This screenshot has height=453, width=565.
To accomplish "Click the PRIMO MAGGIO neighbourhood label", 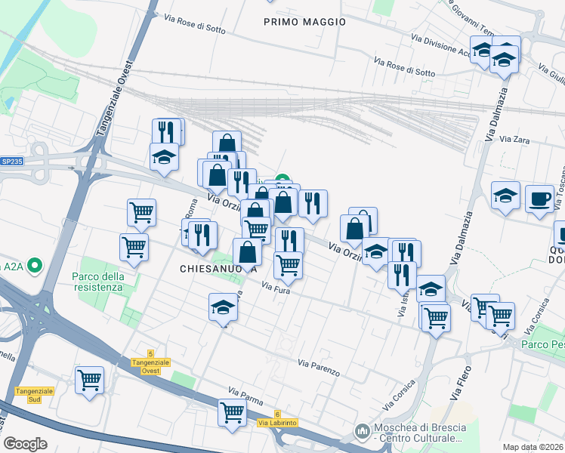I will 304,22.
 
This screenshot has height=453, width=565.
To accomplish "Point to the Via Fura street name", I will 276,288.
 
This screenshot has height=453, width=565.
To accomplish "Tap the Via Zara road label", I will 514,140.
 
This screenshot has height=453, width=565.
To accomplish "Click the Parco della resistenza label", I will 97,282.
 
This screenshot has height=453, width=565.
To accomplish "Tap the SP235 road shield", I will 12,162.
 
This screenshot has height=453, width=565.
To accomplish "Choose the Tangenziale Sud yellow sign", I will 34,395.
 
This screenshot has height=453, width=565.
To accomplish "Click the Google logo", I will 25,444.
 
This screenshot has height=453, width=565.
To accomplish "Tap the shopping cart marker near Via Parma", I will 232,412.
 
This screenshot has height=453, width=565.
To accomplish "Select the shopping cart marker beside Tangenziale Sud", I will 89,380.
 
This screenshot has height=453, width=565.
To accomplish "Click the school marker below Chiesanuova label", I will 223,307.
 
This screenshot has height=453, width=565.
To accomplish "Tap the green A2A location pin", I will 34,266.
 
